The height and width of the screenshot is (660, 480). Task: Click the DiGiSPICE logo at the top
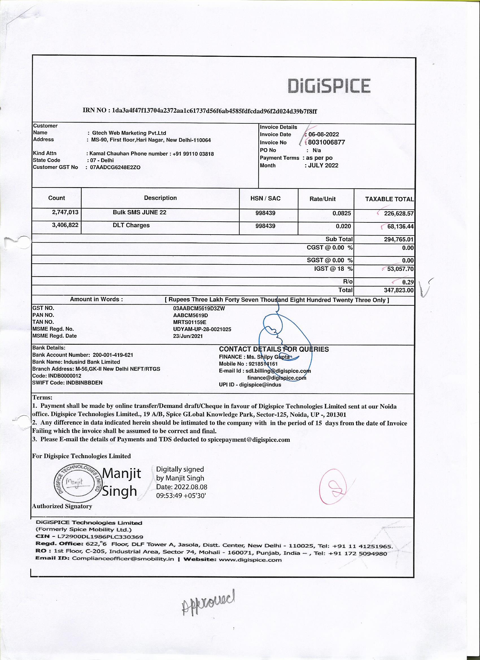point(329,86)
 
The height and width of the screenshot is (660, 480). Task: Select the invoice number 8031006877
point(327,142)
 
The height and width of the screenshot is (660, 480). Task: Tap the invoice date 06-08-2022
point(324,134)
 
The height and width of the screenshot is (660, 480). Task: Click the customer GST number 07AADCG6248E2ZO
point(115,168)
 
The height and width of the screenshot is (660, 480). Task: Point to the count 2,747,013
point(65,213)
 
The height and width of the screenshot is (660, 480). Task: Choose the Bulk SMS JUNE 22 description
point(139,213)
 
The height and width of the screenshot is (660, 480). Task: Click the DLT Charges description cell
point(131,226)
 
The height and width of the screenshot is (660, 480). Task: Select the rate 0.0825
point(342,213)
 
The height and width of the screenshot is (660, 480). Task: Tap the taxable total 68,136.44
point(400,226)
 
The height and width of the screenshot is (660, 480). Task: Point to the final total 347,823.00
point(398,290)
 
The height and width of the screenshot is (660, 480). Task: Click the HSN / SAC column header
point(265,198)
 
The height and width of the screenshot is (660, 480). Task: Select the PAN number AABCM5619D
point(190,315)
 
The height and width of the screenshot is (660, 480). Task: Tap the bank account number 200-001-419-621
point(113,355)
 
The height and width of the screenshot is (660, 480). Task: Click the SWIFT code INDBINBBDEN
point(84,383)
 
